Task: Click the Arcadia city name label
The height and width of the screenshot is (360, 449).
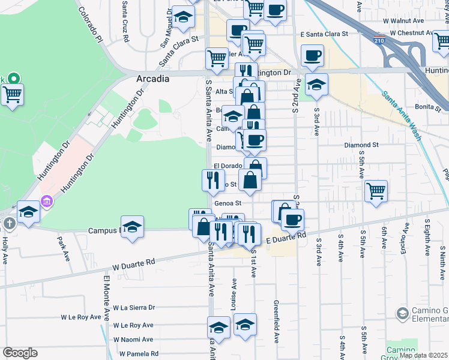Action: pos(153,79)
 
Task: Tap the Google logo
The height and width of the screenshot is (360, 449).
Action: pos(20,353)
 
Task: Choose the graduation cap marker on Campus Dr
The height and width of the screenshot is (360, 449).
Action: pos(133,227)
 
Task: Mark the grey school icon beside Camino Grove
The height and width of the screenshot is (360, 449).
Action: pos(402,313)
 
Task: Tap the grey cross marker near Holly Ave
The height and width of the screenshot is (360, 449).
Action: pos(8,224)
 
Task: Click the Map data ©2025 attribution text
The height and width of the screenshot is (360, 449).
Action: pos(423,355)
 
